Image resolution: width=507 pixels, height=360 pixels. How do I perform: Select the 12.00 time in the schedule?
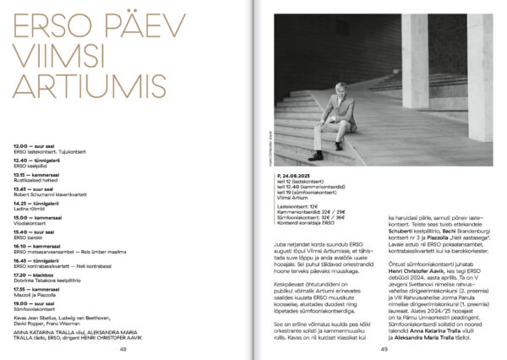(x=21, y=146)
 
